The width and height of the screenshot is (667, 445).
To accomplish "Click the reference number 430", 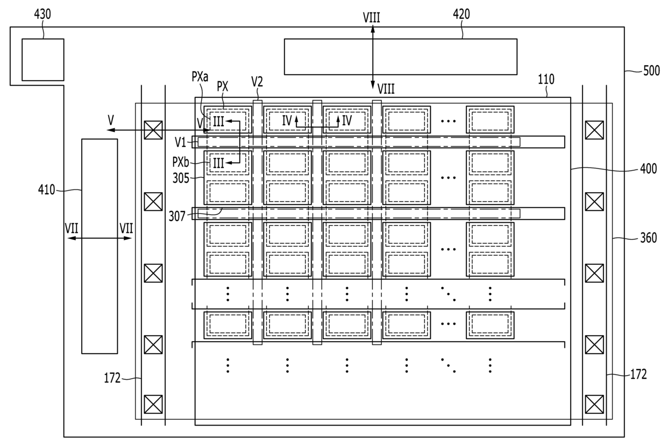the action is point(42,14).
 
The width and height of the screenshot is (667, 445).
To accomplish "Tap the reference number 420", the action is point(462,14).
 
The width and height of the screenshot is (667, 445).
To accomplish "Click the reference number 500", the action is point(651,71).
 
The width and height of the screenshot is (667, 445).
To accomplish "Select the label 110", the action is point(546,79).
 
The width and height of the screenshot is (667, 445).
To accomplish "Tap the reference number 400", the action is point(649,169).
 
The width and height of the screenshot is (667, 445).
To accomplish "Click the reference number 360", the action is point(649,238).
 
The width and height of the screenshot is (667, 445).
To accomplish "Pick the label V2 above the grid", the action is point(257,81).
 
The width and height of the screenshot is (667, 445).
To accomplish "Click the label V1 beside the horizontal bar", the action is point(180,143).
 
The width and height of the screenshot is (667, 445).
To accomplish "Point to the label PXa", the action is point(200,77).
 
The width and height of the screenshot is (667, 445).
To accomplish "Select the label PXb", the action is point(181,163).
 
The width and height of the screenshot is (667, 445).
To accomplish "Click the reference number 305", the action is point(181,178).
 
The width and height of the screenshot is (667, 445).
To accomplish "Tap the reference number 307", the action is point(177,216).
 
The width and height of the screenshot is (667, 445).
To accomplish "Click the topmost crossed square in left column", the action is point(153,130).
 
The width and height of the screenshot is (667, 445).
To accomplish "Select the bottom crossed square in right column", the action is point(594,405).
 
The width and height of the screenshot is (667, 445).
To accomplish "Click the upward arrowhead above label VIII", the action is point(373,29).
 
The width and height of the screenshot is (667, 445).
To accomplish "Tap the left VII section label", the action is point(72,229).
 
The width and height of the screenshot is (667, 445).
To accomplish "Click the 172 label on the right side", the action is point(638,375).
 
